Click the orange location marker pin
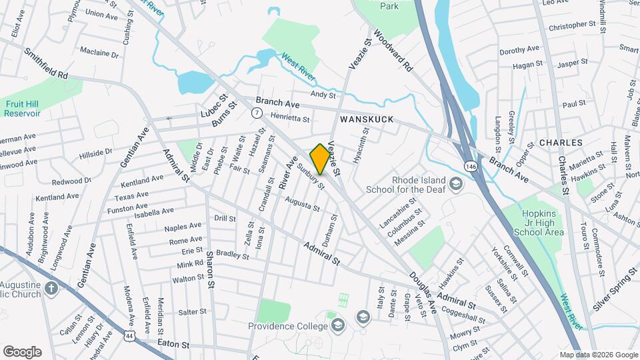(x=320, y=159)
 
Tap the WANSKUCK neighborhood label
(x=367, y=119)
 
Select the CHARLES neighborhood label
(x=561, y=143)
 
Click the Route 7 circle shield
(x=257, y=113)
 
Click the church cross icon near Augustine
(x=52, y=289)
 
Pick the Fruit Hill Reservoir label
(x=23, y=109)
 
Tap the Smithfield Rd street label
(x=47, y=63)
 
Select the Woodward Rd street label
(x=393, y=50)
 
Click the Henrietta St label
(x=290, y=118)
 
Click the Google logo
(x=22, y=352)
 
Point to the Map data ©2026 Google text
(x=598, y=355)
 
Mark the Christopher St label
(x=571, y=26)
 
